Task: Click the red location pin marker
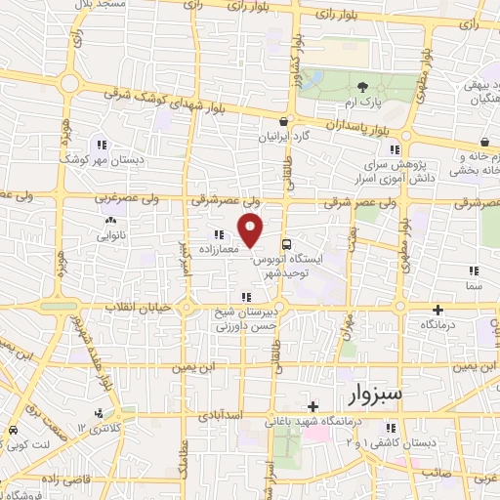(x=252, y=230)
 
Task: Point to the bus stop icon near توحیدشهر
(x=286, y=243)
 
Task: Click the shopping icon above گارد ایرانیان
(x=283, y=122)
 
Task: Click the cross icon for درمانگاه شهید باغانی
(x=312, y=405)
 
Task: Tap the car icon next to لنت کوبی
(x=12, y=431)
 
